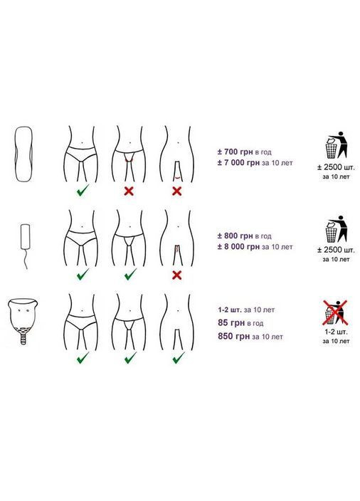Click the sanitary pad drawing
[x=23, y=154]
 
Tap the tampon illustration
[x=25, y=246]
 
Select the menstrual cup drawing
[x=23, y=321]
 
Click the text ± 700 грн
[x=235, y=152]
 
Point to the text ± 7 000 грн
[x=238, y=163]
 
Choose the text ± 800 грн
[x=235, y=236]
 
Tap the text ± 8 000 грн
[x=238, y=247]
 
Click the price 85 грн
[x=231, y=322]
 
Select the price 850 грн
[x=234, y=337]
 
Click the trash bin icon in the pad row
[x=336, y=145]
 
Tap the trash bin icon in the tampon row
[x=336, y=229]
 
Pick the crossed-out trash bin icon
[x=335, y=312]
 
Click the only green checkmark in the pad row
[x=83, y=191]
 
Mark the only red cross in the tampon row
[x=176, y=275]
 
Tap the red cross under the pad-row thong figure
[x=129, y=191]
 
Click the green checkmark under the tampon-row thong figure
[x=130, y=274]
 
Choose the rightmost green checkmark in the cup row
[x=179, y=357]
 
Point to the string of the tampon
[x=24, y=259]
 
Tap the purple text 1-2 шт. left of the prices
[x=230, y=310]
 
